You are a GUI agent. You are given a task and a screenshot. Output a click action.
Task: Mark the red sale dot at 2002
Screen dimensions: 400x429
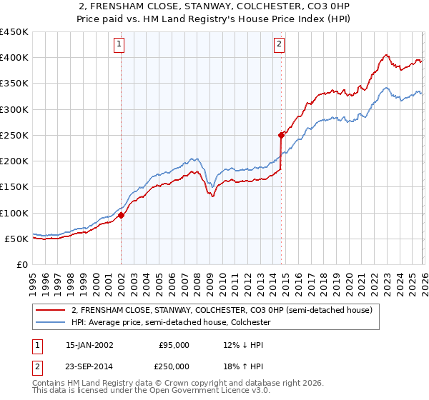pos(122,215)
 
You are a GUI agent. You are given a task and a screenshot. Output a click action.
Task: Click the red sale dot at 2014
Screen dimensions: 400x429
pos(282,134)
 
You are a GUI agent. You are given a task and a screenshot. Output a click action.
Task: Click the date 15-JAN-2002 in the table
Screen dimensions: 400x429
pos(89,345)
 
